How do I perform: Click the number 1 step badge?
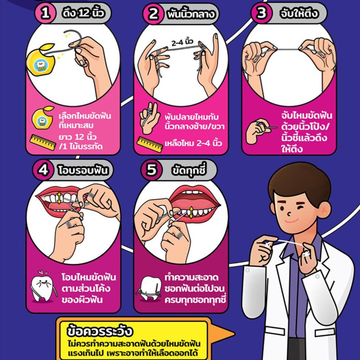45,13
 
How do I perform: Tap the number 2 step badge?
153,14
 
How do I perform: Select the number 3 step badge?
261,13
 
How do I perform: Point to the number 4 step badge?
43,170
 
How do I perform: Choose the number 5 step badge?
151,170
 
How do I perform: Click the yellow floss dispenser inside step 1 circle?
41,60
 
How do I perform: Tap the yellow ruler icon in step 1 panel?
43,142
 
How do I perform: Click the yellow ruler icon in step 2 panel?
150,144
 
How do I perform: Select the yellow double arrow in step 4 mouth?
59,198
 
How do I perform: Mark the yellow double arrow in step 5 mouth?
191,212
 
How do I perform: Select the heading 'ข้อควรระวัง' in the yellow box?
100,331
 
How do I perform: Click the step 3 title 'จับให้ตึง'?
299,13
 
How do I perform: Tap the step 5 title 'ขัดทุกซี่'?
189,170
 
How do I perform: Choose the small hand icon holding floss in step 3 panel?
260,131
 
